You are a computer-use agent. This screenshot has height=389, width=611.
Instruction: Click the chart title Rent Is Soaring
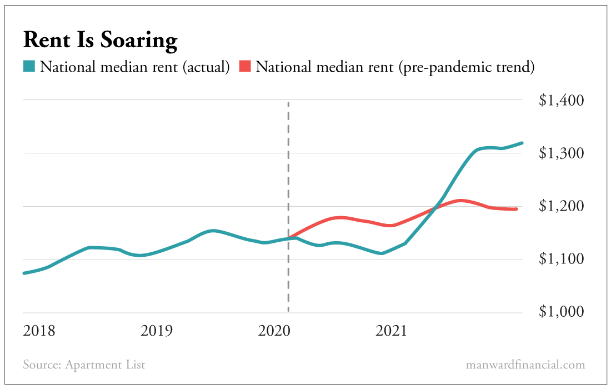pos(100,41)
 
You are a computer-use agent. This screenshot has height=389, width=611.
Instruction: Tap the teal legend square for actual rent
pos(29,67)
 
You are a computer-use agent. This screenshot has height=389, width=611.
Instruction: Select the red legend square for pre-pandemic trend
pos(245,67)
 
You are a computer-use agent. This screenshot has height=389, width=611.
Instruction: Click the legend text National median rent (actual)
pos(134,68)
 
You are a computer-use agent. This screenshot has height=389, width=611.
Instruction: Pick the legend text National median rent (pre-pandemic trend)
pos(395,68)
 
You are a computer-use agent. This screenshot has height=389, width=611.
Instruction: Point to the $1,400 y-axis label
pos(562,101)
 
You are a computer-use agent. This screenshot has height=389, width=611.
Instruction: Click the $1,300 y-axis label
pos(562,153)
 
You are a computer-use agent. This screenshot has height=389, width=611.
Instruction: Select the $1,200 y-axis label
pos(562,206)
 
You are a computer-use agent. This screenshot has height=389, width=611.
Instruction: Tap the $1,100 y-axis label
pos(562,260)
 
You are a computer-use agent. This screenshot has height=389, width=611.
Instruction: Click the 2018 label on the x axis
pos(39,331)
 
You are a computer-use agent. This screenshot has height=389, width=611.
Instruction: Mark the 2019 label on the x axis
pos(157,331)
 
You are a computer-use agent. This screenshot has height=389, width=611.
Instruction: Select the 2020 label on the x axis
pos(274,331)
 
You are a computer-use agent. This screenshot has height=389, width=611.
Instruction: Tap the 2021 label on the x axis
pos(392,331)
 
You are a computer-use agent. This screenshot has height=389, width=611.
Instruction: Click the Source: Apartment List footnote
pos(84,365)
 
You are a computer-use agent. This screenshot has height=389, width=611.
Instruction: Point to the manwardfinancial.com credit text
pos(525,365)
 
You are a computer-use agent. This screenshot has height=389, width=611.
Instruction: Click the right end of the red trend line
pos(517,209)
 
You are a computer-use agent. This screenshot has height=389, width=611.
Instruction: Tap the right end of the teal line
pos(522,143)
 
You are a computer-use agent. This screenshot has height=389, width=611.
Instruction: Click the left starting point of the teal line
pos(24,273)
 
